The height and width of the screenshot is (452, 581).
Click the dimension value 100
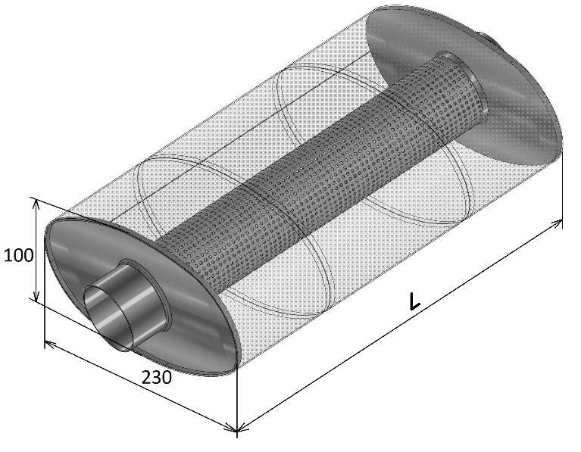pyautogui.click(x=19, y=255)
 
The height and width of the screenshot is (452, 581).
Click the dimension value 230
pyautogui.click(x=157, y=377)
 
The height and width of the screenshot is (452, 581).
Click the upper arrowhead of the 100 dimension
pyautogui.click(x=36, y=202)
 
